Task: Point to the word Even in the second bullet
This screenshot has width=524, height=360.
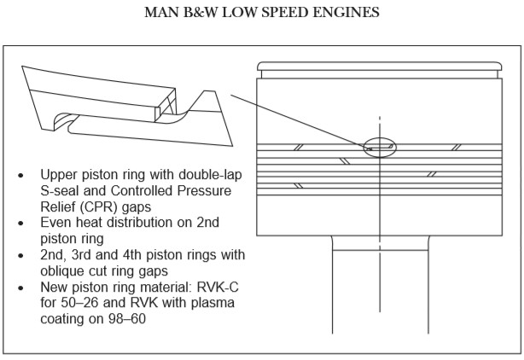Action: click(x=57, y=221)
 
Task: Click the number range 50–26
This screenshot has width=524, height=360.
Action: click(x=81, y=305)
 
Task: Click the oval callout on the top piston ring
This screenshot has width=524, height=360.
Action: click(x=379, y=147)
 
